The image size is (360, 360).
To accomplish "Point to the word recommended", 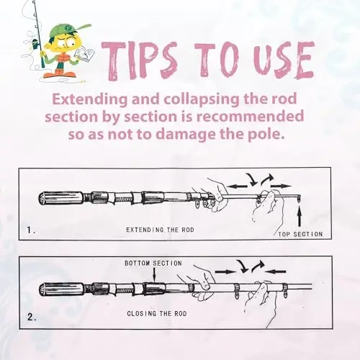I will (249, 117).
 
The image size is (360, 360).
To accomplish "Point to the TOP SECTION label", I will (300, 234).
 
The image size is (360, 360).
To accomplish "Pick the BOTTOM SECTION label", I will (153, 264).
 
